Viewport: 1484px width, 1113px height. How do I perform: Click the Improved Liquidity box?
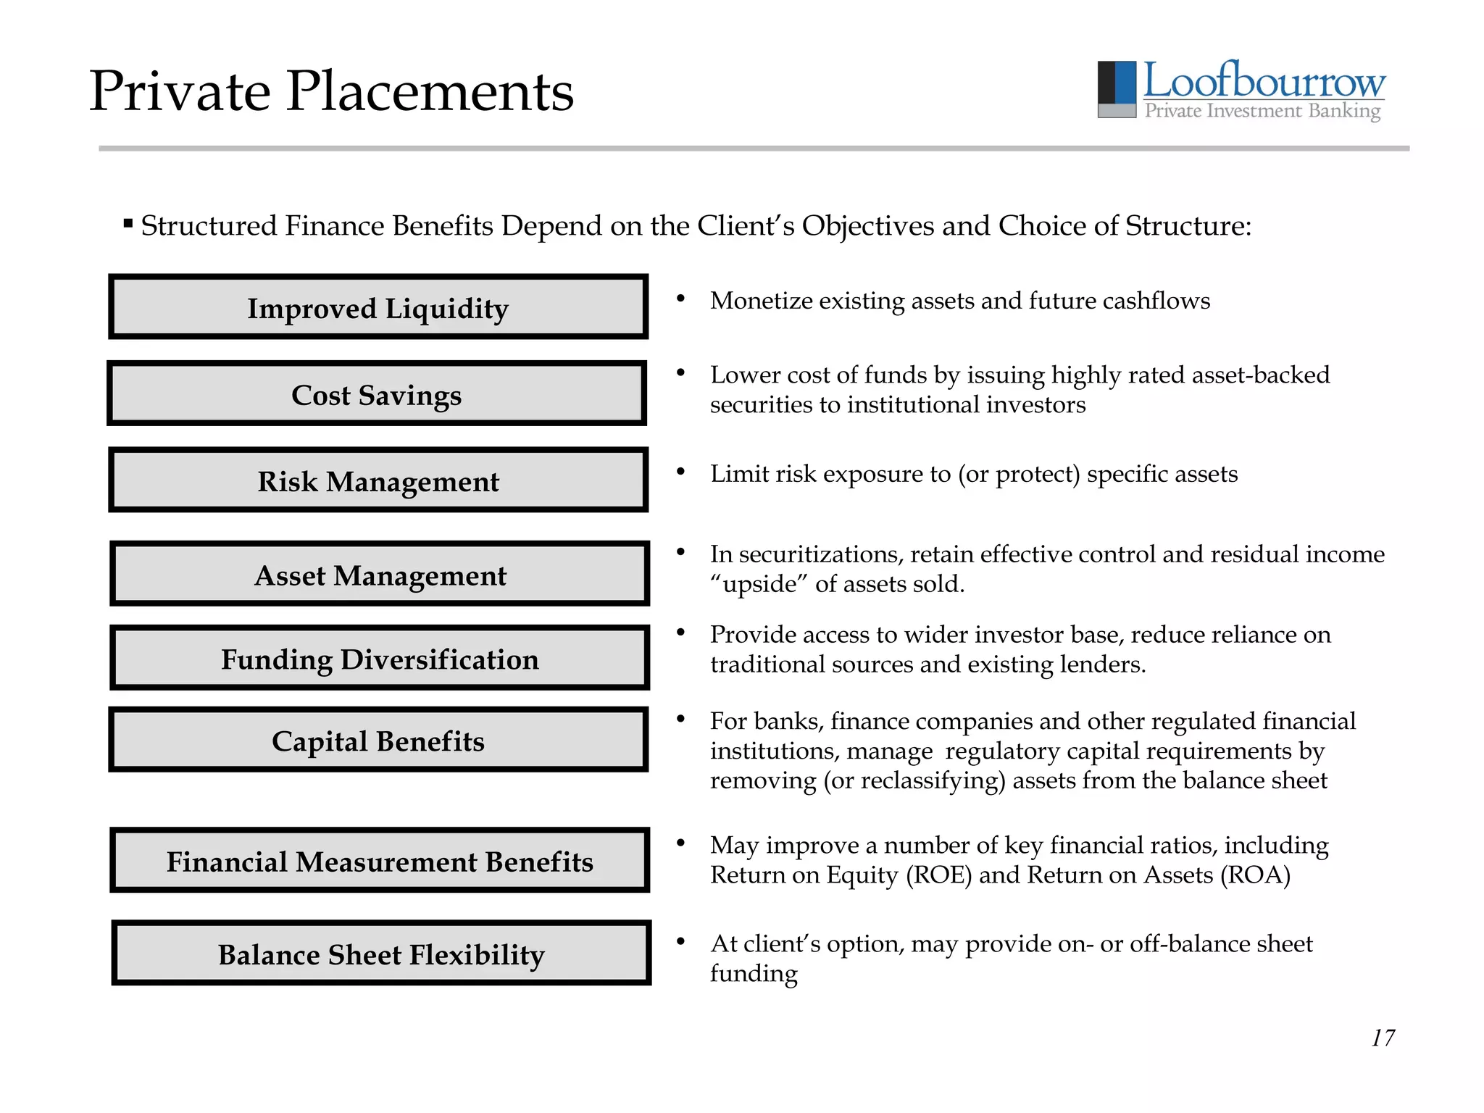(x=378, y=307)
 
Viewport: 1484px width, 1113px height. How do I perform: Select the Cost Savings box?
(x=377, y=393)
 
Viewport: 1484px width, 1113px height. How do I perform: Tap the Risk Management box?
(x=378, y=480)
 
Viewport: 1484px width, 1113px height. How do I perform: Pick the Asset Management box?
(x=380, y=574)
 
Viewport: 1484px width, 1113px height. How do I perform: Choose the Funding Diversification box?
(x=380, y=658)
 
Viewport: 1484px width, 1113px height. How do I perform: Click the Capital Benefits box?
(x=378, y=740)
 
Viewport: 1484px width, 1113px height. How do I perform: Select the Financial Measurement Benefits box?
(x=380, y=860)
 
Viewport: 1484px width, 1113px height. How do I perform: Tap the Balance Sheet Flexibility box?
(x=381, y=954)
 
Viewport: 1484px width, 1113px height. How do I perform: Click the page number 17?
(x=1383, y=1038)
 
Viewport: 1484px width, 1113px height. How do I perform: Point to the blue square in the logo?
(x=1125, y=82)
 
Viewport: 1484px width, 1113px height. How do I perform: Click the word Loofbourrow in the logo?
(x=1264, y=80)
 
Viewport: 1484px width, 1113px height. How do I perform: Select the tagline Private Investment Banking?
(x=1262, y=111)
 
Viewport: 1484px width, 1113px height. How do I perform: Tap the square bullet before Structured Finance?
(x=128, y=223)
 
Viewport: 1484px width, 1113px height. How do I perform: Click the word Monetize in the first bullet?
(x=761, y=301)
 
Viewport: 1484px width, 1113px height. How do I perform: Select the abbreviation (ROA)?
(x=1255, y=875)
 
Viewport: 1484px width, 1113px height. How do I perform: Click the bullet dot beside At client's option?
(x=680, y=941)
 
